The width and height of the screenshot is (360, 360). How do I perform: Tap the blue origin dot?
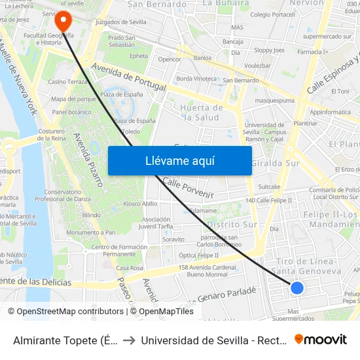click(x=297, y=287)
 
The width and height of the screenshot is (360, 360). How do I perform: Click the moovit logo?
click(x=321, y=340)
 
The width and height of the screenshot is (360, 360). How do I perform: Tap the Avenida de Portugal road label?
click(x=129, y=77)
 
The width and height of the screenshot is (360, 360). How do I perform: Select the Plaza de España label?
click(x=121, y=94)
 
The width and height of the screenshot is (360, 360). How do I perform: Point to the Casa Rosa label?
click(x=130, y=268)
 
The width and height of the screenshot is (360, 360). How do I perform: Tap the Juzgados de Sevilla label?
click(x=121, y=22)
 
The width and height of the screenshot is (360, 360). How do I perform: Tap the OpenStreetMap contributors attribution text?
click(x=66, y=312)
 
